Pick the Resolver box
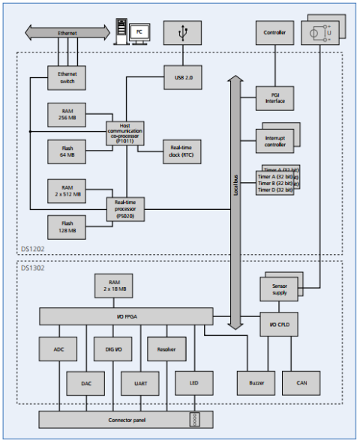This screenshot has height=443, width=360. click(166, 349)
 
